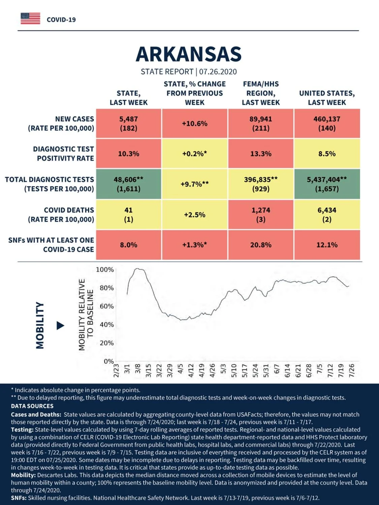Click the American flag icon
coord(30,19)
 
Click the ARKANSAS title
coord(189,54)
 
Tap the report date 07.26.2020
coord(218,72)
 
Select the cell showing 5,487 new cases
coord(129,124)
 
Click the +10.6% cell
coord(195,124)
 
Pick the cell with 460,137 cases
coord(327,124)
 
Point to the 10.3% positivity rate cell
coord(129,154)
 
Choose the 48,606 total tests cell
coord(129,184)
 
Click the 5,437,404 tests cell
coord(327,184)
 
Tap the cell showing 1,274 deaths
coord(261,215)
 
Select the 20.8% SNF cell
coord(261,245)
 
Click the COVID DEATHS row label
coord(61,215)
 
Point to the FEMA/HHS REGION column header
coord(261,93)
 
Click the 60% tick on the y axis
coord(107,306)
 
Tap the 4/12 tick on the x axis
coord(191,371)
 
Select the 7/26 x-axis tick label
coord(352,371)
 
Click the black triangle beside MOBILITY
coord(60,326)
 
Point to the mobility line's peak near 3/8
coord(137,268)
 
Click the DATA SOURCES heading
coord(32,406)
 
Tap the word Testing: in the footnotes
coord(22,430)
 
